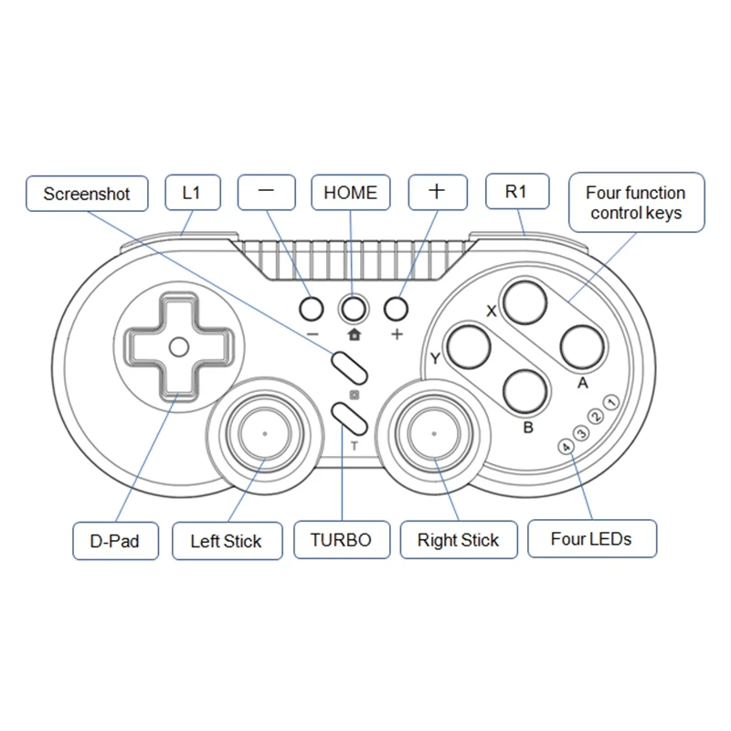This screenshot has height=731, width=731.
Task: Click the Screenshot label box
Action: coord(87,194)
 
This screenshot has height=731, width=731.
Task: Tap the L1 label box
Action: coord(191,193)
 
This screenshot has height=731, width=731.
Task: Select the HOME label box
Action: coord(350,192)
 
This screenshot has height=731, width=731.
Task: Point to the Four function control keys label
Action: coord(636,203)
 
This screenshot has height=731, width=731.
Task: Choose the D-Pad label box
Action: coord(114,541)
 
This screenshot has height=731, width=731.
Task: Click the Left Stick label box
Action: coord(226,541)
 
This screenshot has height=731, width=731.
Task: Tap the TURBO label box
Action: coord(341,540)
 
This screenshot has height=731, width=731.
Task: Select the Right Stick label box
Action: coord(458,540)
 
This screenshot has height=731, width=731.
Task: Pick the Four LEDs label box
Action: coord(591,538)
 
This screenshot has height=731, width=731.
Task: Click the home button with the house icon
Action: coord(353,309)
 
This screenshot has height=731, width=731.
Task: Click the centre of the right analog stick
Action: coord(433,432)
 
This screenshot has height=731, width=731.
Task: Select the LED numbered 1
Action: coord(611,404)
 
